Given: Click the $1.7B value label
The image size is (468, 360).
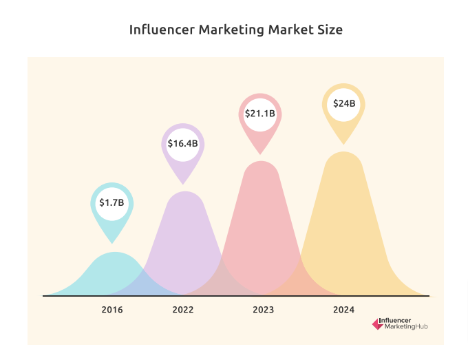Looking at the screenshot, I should [111, 202].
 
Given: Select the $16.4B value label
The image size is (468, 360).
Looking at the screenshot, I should [183, 143].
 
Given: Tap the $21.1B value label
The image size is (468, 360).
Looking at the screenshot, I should [261, 113].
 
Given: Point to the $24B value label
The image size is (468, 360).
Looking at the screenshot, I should [344, 103].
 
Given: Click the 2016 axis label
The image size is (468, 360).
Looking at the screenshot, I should [112, 310].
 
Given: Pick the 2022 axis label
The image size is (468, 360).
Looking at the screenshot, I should [183, 310].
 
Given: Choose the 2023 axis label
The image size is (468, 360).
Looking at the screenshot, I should [263, 310].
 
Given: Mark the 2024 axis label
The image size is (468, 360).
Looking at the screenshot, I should [343, 310].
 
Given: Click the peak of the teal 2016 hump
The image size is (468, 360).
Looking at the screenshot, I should [114, 253].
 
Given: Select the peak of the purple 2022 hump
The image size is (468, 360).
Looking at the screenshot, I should [184, 193].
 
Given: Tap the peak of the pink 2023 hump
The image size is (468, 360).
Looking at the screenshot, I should [262, 163].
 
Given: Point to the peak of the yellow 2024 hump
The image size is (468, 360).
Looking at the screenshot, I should [343, 153].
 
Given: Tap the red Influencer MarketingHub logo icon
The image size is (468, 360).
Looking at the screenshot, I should [376, 323].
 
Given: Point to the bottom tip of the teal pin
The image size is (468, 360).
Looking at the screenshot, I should [112, 242].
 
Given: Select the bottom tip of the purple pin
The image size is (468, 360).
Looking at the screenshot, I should [183, 183].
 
